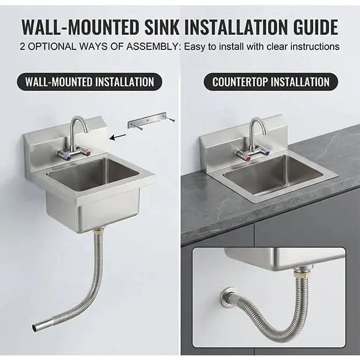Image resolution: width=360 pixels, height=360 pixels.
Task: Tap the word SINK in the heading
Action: coord(162,27)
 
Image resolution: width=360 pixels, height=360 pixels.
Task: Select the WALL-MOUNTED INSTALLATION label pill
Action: coord(90,82)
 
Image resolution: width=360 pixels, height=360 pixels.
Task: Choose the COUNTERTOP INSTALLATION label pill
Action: coord(270,82)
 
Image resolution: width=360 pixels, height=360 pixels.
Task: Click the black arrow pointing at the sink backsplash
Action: coord(117,137)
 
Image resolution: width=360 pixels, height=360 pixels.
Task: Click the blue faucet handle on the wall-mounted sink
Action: coord(68,158)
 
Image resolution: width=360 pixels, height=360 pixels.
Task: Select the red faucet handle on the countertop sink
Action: coord(248,159)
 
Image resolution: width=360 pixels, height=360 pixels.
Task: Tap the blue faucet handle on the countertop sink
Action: coord(266,154)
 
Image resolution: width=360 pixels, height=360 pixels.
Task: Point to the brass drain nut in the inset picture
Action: coord(301,274)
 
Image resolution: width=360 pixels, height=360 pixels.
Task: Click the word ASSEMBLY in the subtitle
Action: coord(152,47)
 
